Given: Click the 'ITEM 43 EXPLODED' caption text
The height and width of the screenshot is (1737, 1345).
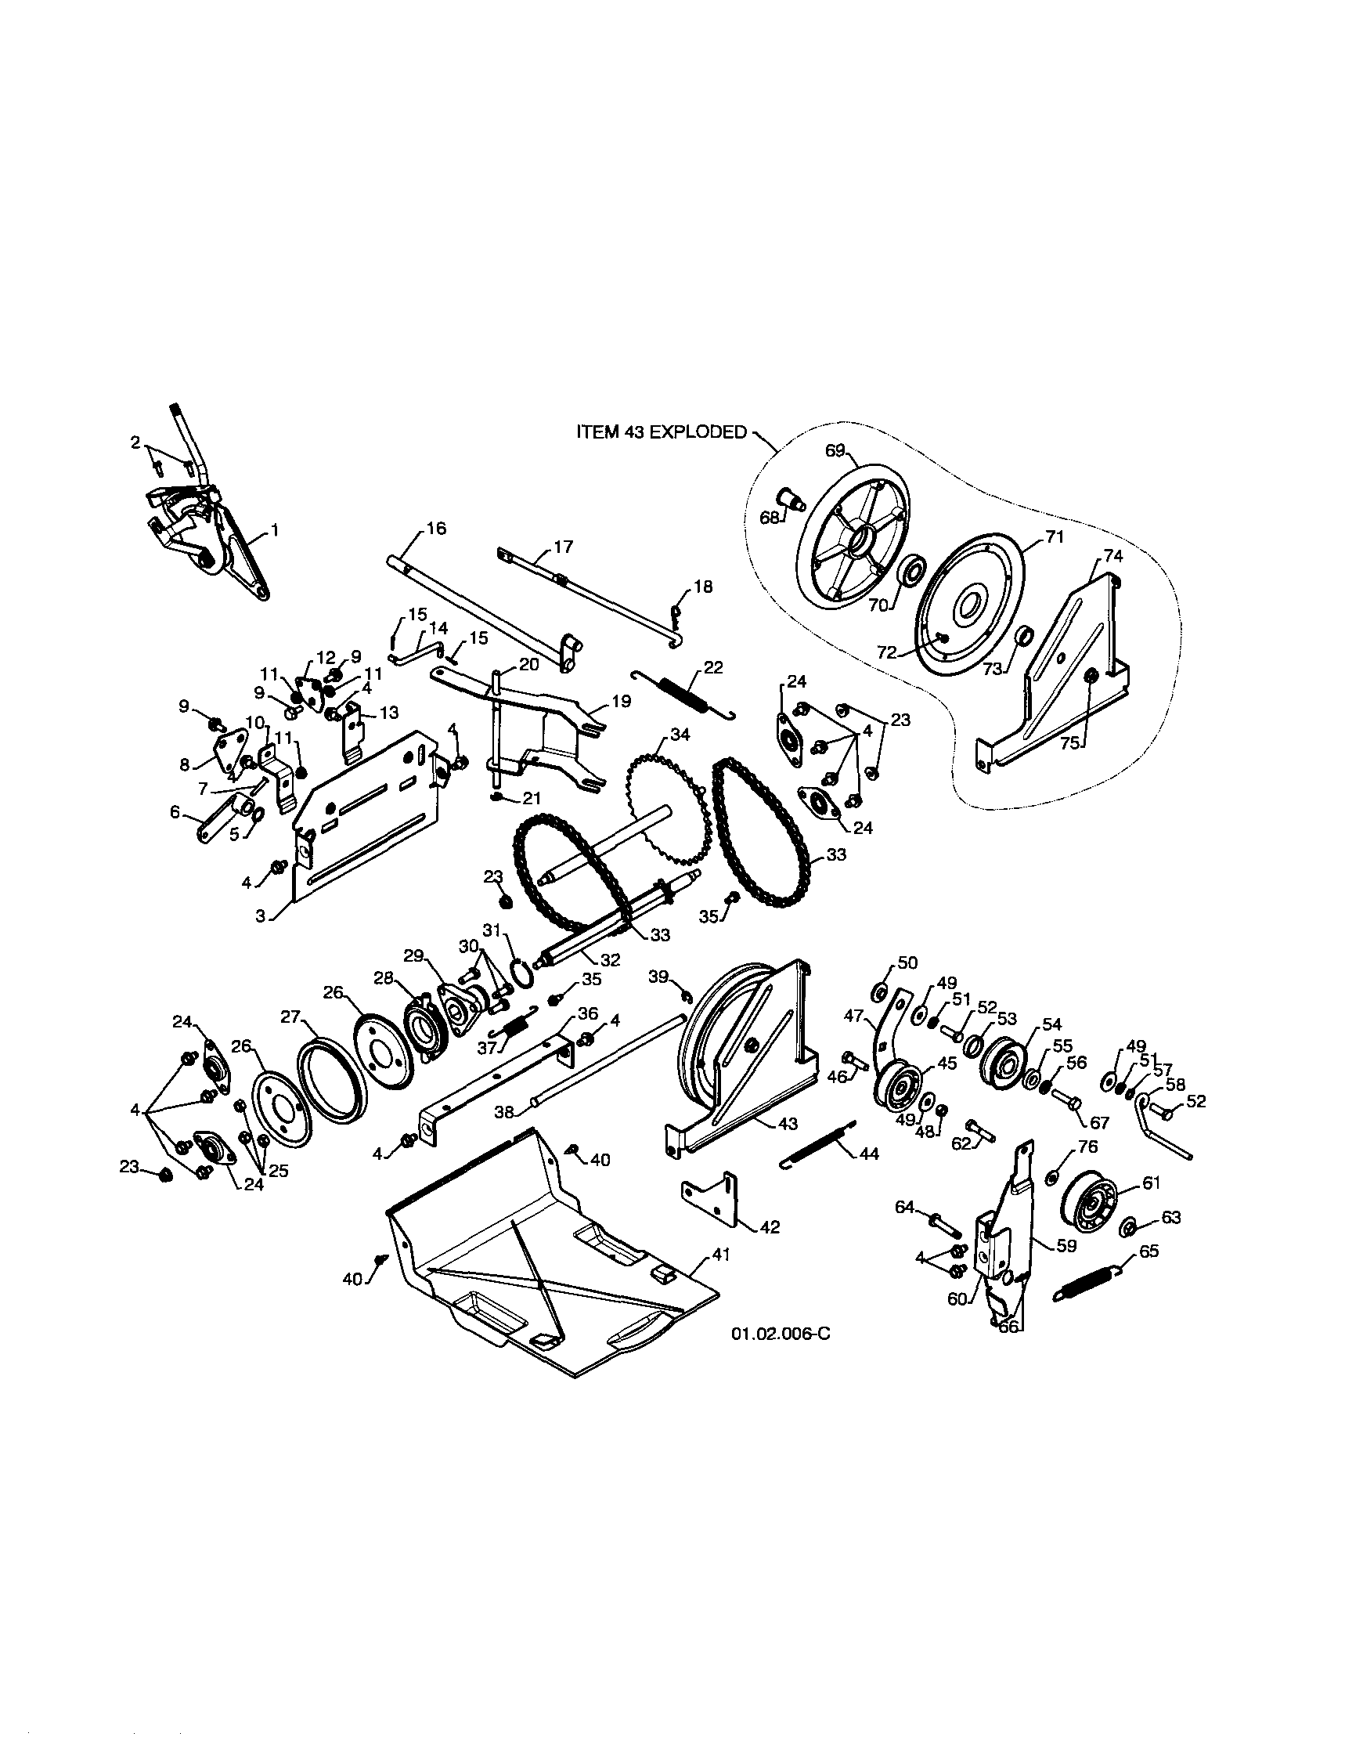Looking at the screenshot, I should pos(662,432).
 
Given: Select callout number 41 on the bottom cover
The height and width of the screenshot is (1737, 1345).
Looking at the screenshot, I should pos(720,1255).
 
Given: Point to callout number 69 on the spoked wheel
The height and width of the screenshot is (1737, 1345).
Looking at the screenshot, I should pos(835,451).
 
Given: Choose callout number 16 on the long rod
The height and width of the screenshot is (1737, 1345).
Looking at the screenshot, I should pos(436,529).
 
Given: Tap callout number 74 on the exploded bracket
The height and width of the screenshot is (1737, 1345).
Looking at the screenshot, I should pos(1113,557).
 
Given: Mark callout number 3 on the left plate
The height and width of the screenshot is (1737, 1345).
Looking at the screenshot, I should pos(260,915).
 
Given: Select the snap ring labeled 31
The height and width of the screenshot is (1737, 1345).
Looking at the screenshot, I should pos(522,971).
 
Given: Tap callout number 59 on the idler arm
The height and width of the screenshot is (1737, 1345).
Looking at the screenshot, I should pos(1066,1245).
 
